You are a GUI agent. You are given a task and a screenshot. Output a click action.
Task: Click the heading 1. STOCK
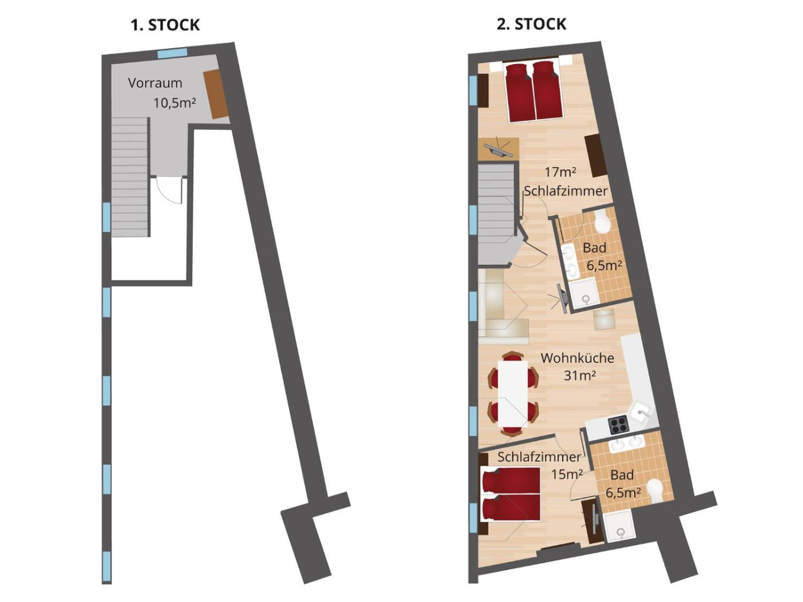165,25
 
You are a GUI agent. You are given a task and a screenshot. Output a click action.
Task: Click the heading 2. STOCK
531,24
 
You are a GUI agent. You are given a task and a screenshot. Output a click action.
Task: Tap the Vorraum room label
155,83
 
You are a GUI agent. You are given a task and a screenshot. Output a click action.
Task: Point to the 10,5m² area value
174,103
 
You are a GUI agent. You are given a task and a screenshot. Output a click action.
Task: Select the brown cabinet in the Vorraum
216,93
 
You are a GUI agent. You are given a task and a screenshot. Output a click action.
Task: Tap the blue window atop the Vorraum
172,53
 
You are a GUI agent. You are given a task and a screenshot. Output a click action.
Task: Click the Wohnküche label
577,358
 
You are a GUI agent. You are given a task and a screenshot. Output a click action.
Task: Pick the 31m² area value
580,376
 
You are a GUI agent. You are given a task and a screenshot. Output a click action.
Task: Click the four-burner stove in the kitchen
618,424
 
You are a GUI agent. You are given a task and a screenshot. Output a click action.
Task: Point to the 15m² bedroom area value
567,475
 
